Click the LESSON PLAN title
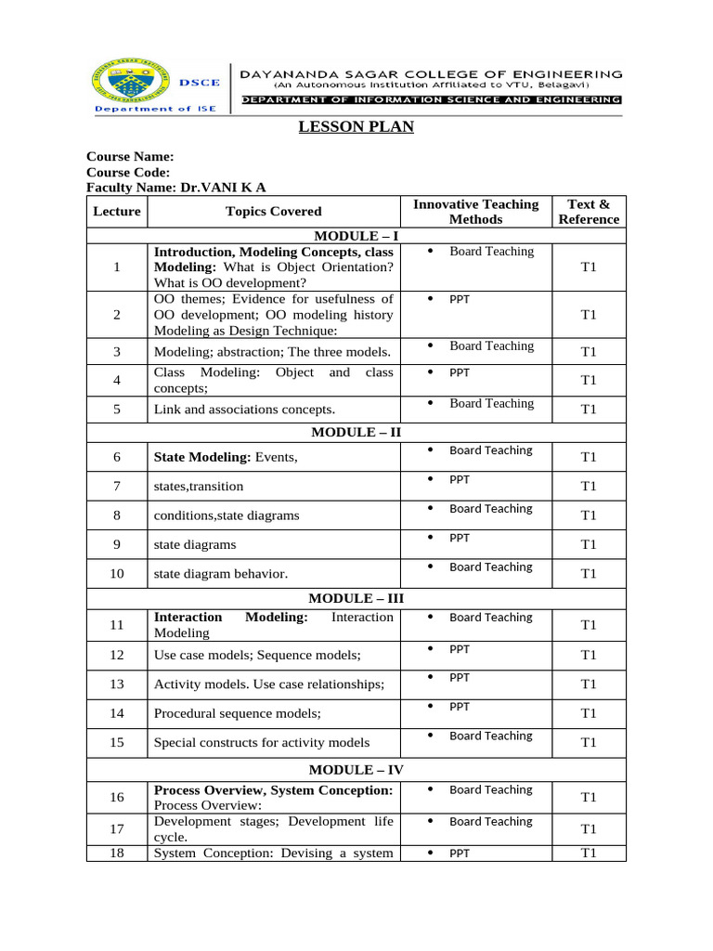[356, 127]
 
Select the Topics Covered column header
[274, 212]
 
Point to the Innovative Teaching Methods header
[475, 212]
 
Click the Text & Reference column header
[588, 212]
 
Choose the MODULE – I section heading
[356, 236]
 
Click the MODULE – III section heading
[356, 599]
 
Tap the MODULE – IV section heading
[356, 770]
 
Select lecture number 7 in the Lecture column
[117, 486]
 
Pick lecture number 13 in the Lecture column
[117, 684]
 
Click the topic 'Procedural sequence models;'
[238, 713]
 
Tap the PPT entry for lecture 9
[460, 538]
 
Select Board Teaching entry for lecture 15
[490, 736]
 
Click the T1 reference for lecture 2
[588, 315]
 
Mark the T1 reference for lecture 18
[588, 853]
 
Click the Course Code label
[128, 172]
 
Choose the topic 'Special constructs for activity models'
[262, 742]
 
